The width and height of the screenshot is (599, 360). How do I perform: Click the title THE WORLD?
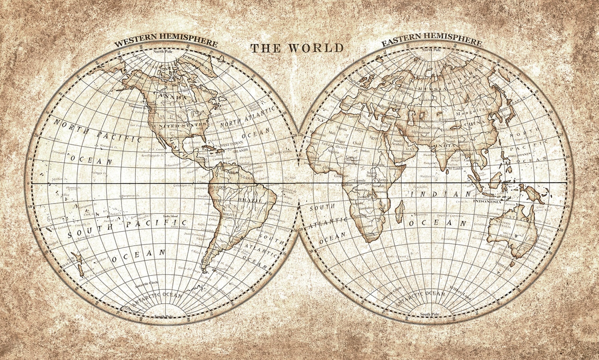click(x=297, y=48)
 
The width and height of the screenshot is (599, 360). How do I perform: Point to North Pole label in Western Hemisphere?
click(x=165, y=52)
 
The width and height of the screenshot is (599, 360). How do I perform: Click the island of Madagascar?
click(x=398, y=210)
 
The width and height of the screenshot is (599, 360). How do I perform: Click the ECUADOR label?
click(x=218, y=187)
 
